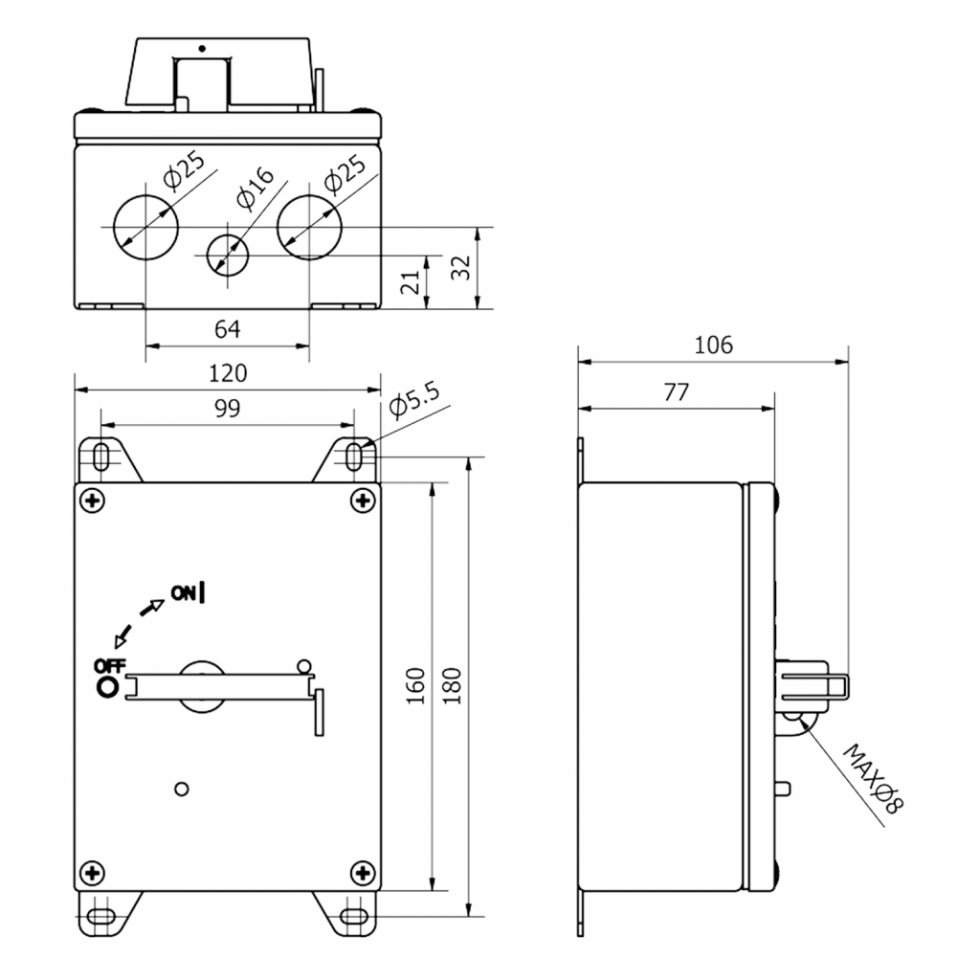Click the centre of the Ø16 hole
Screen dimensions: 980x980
228,255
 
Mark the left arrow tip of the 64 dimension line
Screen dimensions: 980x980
146,345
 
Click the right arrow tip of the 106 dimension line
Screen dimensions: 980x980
848,361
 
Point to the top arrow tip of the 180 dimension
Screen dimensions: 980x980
469,457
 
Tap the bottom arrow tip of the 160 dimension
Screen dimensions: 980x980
432,891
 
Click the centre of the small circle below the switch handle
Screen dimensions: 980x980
181,789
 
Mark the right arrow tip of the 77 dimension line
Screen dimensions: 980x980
773,409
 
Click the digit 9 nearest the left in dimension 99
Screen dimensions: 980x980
221,408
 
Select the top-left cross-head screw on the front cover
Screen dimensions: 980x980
93,501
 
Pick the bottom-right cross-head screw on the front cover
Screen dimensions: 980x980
363,873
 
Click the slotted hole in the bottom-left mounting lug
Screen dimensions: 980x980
100,917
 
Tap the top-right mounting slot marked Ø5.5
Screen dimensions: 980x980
354,457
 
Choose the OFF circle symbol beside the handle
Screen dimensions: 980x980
107,687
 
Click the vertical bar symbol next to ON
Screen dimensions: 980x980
202,592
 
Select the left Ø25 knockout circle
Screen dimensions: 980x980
145,227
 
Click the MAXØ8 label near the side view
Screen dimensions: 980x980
873,779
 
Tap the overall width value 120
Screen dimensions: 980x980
228,374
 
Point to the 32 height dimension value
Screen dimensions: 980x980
460,268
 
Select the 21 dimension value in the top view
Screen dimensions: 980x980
411,282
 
